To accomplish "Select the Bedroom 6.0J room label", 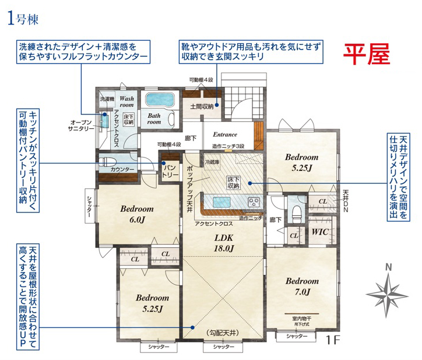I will tap(136, 214).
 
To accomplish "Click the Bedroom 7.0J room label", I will tap(301, 285).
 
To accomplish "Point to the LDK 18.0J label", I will tap(224, 243).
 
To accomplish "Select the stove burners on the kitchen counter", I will tap(254, 202).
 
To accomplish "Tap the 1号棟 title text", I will tap(23, 18).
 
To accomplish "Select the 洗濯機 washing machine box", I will tap(107, 100).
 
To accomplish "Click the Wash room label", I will tap(127, 102).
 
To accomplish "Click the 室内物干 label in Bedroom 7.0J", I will tap(301, 318).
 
